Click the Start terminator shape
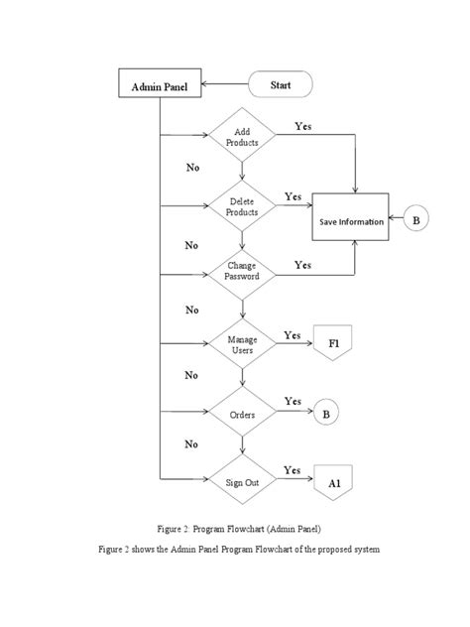[281, 86]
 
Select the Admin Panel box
[160, 87]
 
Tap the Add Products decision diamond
[242, 138]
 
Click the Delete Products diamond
[242, 207]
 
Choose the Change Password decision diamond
[242, 271]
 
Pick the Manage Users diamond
[242, 345]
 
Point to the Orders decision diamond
[242, 415]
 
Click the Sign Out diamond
[242, 481]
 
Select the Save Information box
[351, 221]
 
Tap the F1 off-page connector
[333, 343]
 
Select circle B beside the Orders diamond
[322, 415]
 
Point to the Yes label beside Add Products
[305, 127]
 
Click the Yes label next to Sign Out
[293, 469]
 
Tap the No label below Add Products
[192, 168]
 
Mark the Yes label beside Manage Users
[293, 335]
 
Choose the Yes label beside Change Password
[302, 265]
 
